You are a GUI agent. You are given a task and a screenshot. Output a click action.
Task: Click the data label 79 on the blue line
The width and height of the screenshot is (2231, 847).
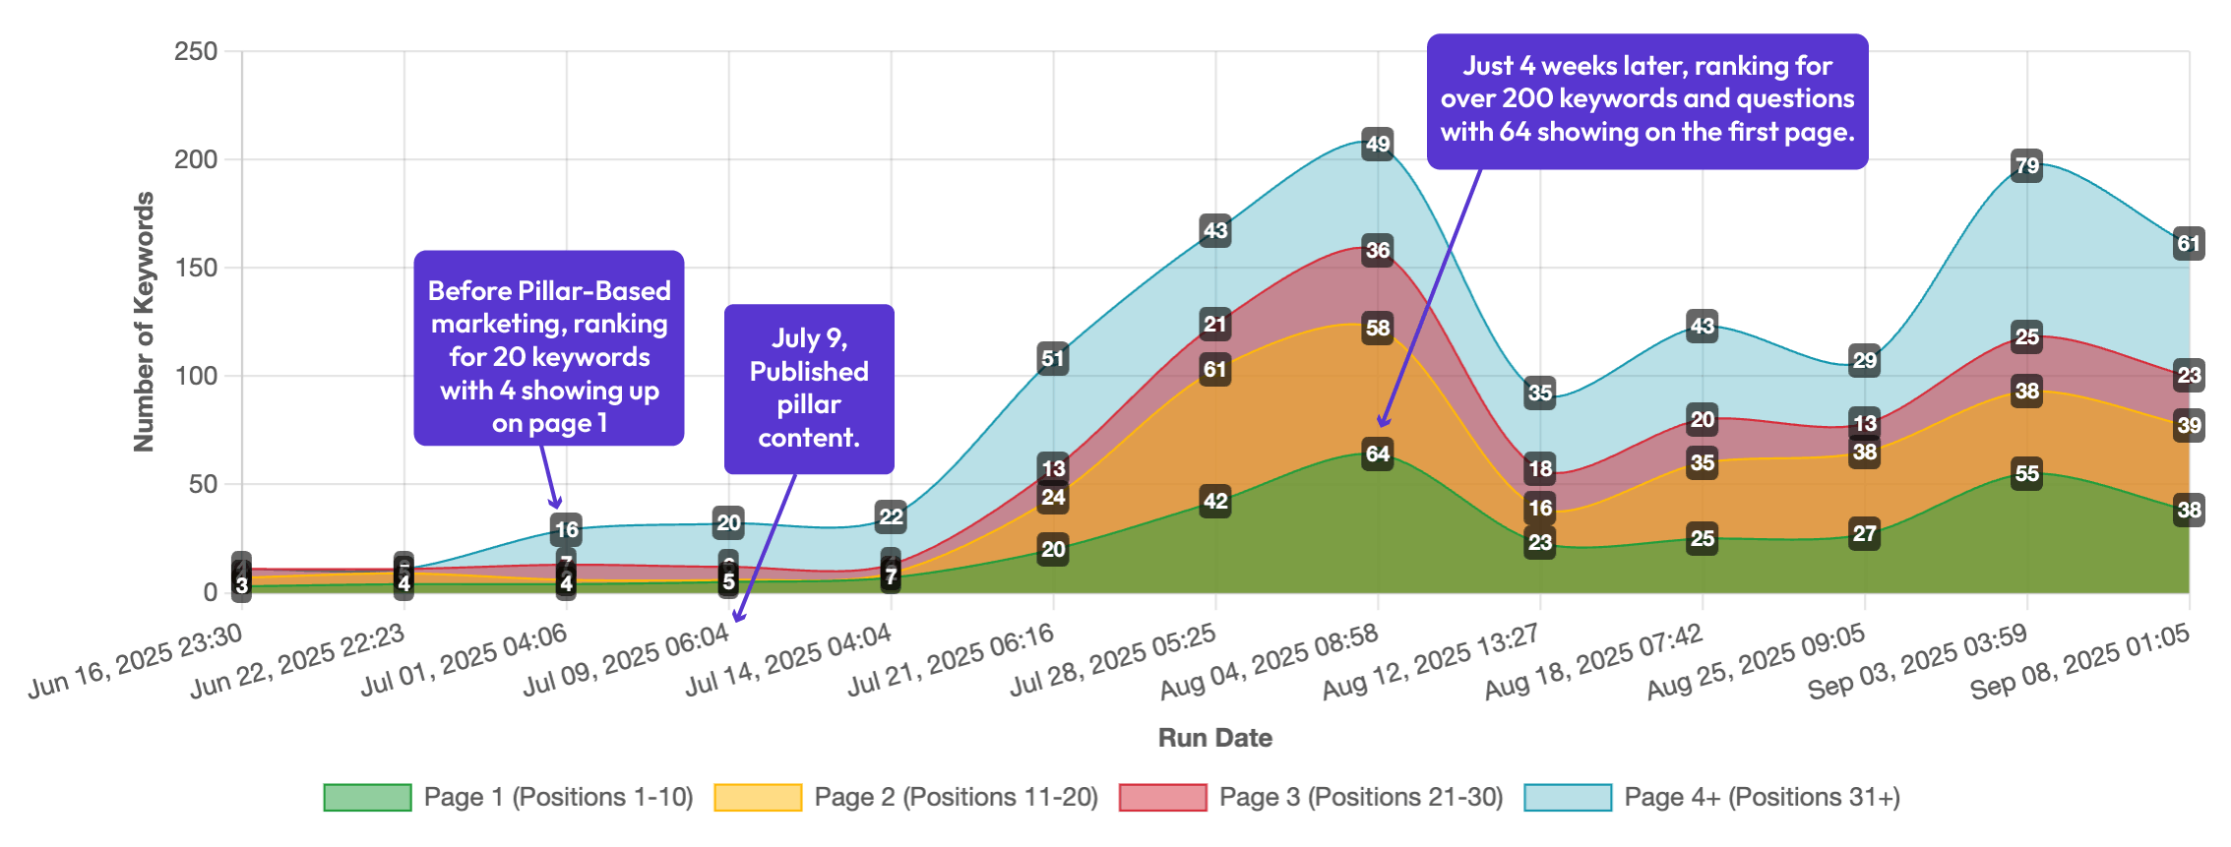point(2026,165)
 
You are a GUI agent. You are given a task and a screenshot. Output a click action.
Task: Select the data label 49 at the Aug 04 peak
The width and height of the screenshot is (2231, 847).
point(1377,144)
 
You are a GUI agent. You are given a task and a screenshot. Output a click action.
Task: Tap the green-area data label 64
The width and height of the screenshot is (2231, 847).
point(1377,454)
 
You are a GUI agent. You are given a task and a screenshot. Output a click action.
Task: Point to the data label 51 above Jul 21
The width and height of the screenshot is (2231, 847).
point(1053,358)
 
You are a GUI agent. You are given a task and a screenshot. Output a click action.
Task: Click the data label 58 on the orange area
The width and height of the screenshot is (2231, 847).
point(1377,328)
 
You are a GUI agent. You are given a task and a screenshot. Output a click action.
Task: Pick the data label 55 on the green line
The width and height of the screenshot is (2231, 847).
point(2026,473)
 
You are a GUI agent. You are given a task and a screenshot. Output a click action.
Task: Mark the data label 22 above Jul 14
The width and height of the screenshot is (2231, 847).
point(891,516)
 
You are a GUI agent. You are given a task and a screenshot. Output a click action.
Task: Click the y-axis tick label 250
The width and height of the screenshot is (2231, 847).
point(196,51)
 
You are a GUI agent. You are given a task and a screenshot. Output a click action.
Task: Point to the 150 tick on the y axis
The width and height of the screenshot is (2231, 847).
point(196,268)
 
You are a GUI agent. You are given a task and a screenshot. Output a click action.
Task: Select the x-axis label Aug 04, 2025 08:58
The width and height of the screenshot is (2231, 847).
point(1270,662)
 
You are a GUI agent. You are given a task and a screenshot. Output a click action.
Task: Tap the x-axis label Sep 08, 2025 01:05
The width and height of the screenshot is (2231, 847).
point(2079,662)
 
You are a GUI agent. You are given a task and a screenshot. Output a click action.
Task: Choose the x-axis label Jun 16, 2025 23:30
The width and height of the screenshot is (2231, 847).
point(135,662)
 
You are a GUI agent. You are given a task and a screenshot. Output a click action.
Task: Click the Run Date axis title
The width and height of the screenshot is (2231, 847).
point(1214,738)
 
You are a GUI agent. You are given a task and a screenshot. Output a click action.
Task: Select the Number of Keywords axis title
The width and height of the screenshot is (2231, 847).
point(144,322)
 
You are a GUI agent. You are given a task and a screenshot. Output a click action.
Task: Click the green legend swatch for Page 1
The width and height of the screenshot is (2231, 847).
point(367,797)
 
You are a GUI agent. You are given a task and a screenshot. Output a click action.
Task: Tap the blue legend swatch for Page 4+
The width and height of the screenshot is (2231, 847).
point(1568,797)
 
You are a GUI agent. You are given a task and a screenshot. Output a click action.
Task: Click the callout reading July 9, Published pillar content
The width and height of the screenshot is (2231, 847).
point(809,389)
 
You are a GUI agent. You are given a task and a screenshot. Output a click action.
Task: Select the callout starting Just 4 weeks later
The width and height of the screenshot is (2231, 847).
point(1646,100)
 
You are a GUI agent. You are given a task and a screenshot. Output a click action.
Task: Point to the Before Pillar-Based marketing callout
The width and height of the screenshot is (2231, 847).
point(548,348)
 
